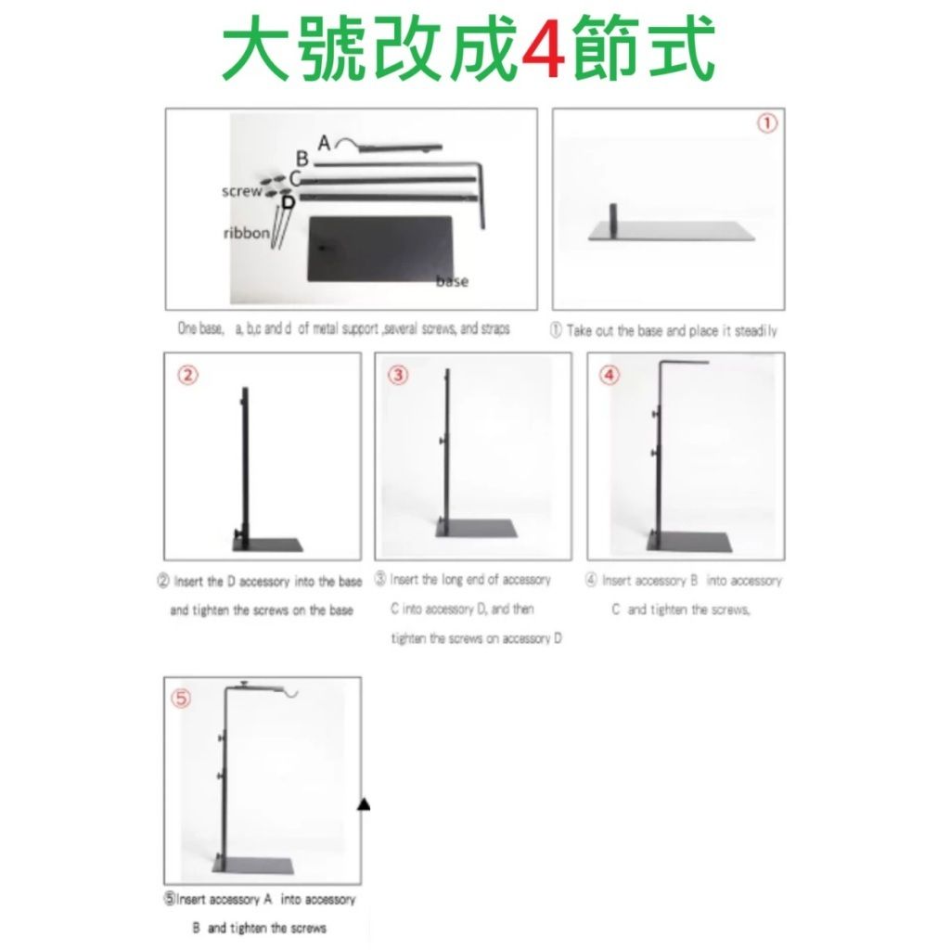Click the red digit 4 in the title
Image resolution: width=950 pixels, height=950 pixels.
[543, 48]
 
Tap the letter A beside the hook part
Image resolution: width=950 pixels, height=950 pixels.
[324, 143]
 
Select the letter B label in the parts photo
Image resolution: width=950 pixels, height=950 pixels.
[302, 159]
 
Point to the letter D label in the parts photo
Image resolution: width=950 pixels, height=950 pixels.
[289, 201]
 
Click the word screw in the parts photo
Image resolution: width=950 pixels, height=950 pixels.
[242, 191]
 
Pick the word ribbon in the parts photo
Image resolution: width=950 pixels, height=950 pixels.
[247, 233]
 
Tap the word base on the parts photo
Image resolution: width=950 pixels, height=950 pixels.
[452, 280]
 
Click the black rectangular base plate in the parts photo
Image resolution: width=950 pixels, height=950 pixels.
[379, 249]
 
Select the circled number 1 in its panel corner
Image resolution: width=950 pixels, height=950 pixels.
[767, 123]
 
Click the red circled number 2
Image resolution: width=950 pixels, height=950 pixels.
[187, 375]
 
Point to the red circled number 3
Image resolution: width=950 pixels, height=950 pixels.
[398, 375]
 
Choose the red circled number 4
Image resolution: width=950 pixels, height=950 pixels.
[610, 375]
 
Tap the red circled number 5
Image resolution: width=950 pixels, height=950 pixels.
[181, 699]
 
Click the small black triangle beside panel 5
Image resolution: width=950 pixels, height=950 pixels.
[364, 804]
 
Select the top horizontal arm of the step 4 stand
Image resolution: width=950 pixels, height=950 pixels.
[684, 363]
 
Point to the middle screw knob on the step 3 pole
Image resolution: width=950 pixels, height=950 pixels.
[443, 441]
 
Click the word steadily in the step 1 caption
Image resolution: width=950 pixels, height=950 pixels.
[755, 331]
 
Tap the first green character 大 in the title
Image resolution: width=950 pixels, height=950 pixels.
[254, 48]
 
